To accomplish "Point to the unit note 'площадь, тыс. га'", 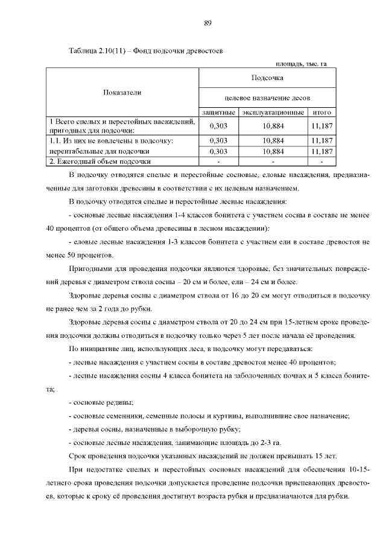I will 301,64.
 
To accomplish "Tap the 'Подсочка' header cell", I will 267,78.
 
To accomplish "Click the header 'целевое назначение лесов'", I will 267,98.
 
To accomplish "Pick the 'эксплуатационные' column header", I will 273,113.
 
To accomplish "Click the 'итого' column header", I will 322,113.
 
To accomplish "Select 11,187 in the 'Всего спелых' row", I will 322,126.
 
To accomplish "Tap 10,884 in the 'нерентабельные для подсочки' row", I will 273,151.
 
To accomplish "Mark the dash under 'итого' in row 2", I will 322,161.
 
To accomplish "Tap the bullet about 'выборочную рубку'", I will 155,429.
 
